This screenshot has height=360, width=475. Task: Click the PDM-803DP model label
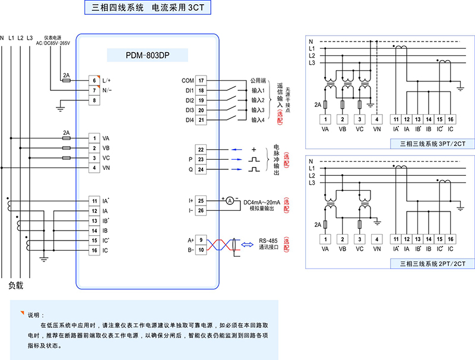pyautogui.click(x=148, y=55)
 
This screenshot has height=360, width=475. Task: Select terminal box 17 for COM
pyautogui.click(x=201, y=80)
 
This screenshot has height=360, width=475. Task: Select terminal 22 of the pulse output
pyautogui.click(x=201, y=150)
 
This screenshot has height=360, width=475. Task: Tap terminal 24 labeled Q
pyautogui.click(x=201, y=169)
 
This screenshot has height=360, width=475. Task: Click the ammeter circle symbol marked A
pyautogui.click(x=229, y=200)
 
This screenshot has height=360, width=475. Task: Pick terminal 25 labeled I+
pyautogui.click(x=201, y=201)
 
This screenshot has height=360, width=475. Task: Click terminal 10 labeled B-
pyautogui.click(x=201, y=250)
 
